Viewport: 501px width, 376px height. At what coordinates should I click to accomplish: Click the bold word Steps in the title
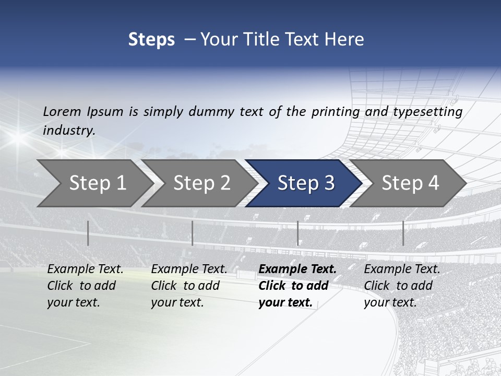coord(151,40)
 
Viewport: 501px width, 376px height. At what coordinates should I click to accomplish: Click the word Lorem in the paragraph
coord(62,111)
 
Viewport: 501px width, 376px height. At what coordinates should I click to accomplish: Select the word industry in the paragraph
coord(68,131)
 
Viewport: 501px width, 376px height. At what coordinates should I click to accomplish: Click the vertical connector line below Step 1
coord(88,233)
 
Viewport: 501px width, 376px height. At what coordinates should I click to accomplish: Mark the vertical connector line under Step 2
coord(193,233)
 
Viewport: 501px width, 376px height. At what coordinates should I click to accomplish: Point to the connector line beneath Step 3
coord(297,233)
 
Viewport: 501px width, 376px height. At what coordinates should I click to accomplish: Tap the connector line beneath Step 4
coord(403,233)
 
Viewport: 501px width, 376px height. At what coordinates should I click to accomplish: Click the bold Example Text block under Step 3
coord(297,286)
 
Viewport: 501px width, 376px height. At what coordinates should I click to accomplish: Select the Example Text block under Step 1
coord(85,286)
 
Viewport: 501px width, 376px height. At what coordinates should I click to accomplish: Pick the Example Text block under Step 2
coord(189,286)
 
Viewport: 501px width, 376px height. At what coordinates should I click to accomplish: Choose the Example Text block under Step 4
coord(402,286)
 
